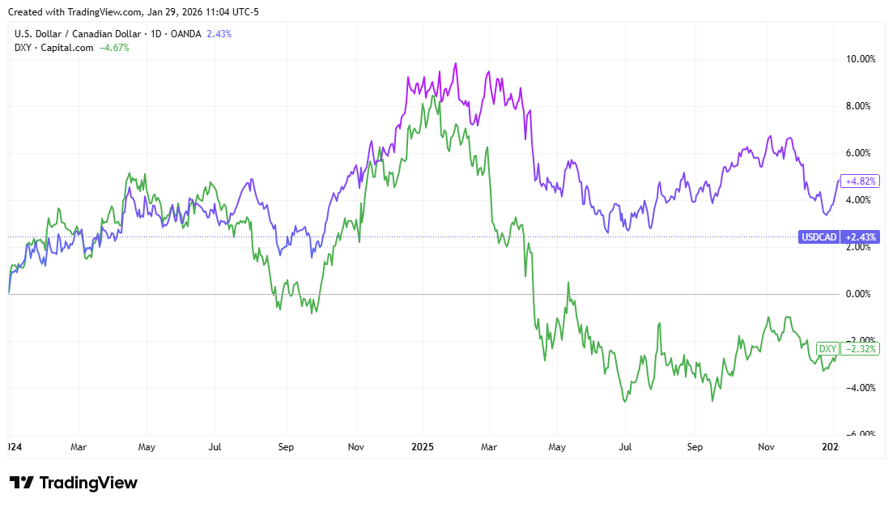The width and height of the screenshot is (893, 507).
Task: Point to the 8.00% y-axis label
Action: click(x=860, y=106)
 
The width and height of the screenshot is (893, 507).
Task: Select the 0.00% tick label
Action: click(x=860, y=294)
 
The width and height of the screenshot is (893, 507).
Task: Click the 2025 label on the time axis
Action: click(x=423, y=446)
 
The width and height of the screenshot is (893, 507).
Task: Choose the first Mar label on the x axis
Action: click(x=78, y=446)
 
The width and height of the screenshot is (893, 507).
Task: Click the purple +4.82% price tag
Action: click(x=859, y=181)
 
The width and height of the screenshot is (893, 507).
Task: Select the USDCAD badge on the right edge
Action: click(x=818, y=237)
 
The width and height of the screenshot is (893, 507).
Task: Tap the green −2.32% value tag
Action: click(x=859, y=349)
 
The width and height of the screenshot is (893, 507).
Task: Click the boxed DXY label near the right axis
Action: click(x=827, y=349)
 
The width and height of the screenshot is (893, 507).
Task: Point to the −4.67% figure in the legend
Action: click(x=114, y=48)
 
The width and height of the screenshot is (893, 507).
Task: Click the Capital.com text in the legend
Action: click(x=67, y=48)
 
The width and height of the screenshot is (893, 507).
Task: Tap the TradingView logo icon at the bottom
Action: click(x=22, y=483)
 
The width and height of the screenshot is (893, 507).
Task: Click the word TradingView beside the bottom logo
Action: click(x=88, y=483)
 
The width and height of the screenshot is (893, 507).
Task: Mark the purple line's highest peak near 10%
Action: click(x=456, y=63)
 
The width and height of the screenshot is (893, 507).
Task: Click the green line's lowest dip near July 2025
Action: click(x=625, y=401)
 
